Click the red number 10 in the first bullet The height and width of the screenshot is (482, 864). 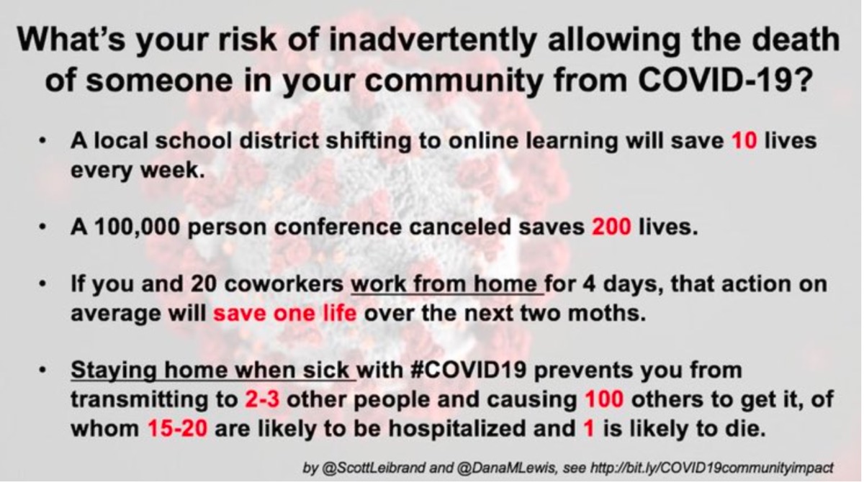744,140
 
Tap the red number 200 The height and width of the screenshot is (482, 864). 611,227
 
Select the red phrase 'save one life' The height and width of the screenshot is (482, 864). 284,313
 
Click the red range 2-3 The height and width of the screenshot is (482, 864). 262,399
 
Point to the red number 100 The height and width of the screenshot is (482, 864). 604,399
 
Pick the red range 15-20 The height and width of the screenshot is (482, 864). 177,429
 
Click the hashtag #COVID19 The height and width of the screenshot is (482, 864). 468,370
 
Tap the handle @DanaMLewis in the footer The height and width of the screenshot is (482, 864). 506,468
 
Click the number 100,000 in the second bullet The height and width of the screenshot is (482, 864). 138,227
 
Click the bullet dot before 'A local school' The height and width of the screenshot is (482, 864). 42,141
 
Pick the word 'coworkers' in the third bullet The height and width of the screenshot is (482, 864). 284,284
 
